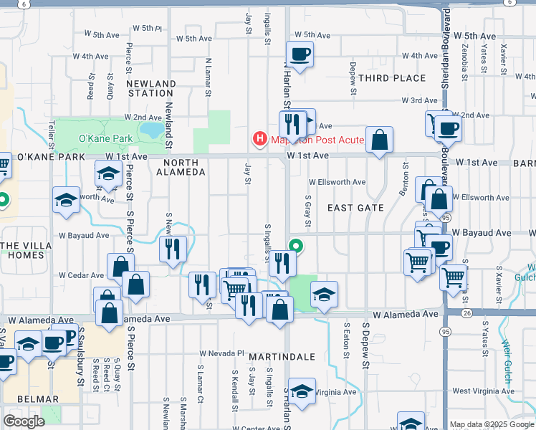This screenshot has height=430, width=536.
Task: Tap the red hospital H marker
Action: coord(259,139)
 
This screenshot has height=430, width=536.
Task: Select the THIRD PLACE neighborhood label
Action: coord(392,78)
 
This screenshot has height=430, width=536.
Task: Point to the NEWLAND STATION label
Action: coord(151,88)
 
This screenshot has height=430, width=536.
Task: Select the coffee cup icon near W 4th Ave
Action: coord(299,54)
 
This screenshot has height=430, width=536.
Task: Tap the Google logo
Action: coord(25,421)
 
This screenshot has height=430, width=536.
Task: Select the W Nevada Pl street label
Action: coord(222,353)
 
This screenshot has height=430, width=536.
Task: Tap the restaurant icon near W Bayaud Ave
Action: coord(172,249)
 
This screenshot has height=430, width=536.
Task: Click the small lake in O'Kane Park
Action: coord(152,130)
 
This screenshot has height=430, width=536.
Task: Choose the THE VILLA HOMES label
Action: coord(24,250)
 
